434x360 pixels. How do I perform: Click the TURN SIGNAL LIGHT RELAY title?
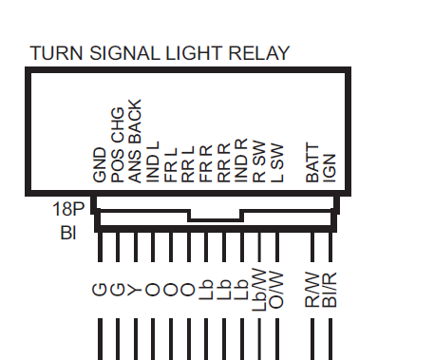[160, 53]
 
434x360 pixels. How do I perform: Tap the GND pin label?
[100, 165]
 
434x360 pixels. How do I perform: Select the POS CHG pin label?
[117, 145]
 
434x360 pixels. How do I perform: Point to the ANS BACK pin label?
[135, 141]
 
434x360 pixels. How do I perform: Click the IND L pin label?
[153, 161]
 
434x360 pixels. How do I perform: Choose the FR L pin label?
[171, 165]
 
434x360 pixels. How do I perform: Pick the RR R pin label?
[224, 163]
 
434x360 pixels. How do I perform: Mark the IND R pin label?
[241, 161]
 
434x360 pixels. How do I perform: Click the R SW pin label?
[259, 161]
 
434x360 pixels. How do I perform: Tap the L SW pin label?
[277, 163]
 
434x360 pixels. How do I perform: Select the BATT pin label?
[312, 163]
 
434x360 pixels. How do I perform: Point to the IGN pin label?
[330, 168]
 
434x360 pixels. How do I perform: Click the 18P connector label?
[68, 209]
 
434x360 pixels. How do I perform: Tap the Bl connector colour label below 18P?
[68, 233]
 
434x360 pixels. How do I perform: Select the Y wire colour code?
[135, 290]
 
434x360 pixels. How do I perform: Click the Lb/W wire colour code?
[259, 290]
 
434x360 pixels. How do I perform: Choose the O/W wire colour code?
[276, 290]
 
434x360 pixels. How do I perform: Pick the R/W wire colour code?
[312, 290]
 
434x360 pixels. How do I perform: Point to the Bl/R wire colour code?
[330, 290]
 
